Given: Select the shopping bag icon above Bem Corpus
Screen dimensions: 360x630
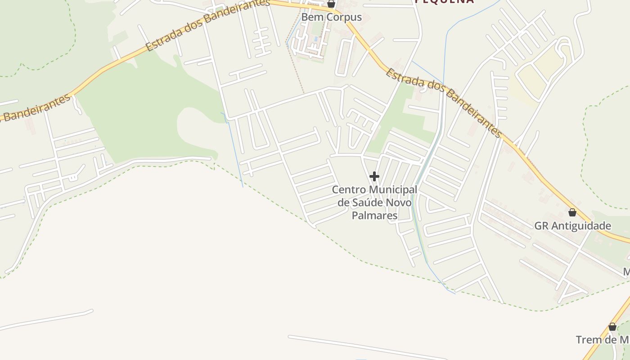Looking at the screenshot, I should click(x=331, y=4).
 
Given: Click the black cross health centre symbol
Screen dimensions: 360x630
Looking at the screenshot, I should click(x=374, y=176).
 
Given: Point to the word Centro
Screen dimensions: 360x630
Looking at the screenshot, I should click(x=349, y=190).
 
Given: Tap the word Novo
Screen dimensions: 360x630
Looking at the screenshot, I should click(x=398, y=202).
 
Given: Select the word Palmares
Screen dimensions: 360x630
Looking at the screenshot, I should click(x=374, y=216).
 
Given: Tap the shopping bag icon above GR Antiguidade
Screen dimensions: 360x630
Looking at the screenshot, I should click(x=572, y=212).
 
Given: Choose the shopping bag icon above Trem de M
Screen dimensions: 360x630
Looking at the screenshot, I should click(x=612, y=327).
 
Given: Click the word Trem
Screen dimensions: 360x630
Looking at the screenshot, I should click(x=589, y=340).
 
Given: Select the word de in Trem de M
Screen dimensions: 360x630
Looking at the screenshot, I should click(x=611, y=340).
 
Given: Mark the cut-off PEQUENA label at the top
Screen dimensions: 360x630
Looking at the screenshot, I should click(x=444, y=1).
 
